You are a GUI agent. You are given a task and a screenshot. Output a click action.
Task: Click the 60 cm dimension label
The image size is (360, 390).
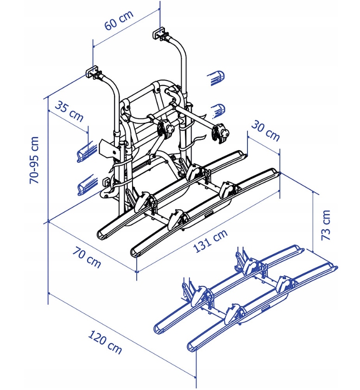pyautogui.click(x=119, y=20)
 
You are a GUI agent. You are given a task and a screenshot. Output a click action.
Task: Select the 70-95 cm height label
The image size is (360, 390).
pyautogui.click(x=35, y=160)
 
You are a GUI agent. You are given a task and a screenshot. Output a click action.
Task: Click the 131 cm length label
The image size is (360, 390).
pyautogui.click(x=210, y=242)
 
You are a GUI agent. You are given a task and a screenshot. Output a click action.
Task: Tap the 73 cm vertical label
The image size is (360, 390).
pyautogui.click(x=326, y=225)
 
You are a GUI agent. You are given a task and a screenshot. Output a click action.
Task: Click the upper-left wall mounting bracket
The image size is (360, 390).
pyautogui.click(x=94, y=72)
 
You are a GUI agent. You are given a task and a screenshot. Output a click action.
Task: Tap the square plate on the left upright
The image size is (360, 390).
pyautogui.click(x=107, y=149)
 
